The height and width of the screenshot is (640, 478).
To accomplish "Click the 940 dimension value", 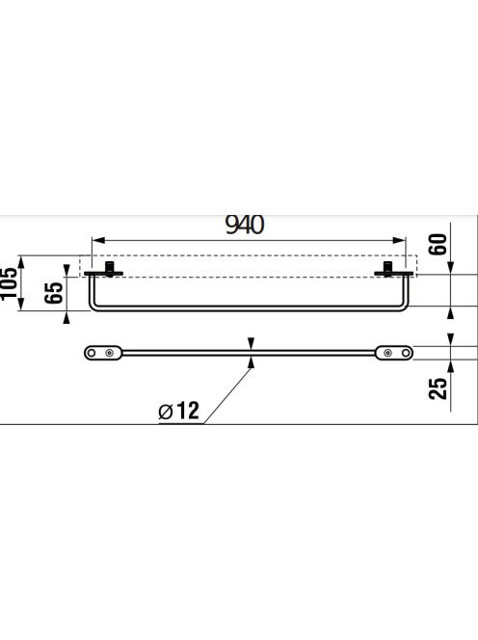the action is pos(245,225).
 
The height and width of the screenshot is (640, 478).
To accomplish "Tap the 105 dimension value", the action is pos(9,282).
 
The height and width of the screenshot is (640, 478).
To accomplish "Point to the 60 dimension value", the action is pos(438,244).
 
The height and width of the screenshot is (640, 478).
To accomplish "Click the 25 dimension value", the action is pos(438,388).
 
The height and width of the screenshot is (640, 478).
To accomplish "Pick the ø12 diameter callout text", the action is pos(179,411).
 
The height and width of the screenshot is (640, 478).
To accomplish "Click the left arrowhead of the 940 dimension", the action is pos(99,240).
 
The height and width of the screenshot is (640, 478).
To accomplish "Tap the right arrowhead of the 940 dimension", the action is pos(399,240).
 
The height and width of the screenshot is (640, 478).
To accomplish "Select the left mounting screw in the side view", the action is pos(110,269).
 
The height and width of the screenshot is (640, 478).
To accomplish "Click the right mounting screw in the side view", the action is pos(387,269).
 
